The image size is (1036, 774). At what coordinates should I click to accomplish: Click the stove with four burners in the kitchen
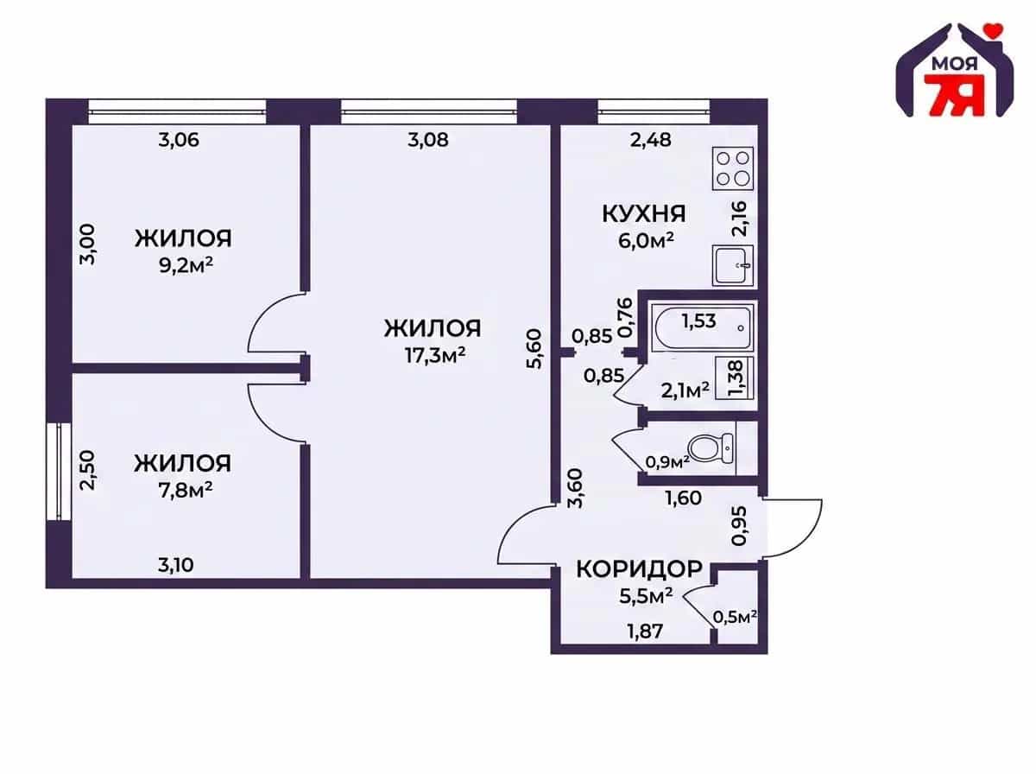point(732,168)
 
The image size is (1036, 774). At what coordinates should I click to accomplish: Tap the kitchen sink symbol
point(732,265)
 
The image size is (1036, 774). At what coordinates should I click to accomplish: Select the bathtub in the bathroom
point(702,327)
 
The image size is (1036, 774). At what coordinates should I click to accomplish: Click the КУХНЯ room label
point(644,214)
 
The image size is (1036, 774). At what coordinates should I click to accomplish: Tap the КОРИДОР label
point(640,569)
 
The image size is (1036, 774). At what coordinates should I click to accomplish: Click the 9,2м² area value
point(186,266)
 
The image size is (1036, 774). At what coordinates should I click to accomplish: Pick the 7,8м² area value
point(186,491)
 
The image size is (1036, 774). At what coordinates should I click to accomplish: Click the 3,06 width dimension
point(179,140)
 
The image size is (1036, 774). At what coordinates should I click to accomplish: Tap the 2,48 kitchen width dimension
point(651,140)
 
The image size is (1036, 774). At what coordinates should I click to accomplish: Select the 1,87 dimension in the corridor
point(645,631)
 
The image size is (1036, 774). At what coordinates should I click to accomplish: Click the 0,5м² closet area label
point(736,616)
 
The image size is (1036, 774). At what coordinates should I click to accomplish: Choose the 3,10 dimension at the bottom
point(175,565)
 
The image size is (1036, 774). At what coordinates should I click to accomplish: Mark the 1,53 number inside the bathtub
point(698,321)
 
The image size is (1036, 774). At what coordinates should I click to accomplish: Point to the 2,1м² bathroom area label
point(685,390)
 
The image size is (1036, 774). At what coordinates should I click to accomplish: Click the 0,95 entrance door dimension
point(740,525)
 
